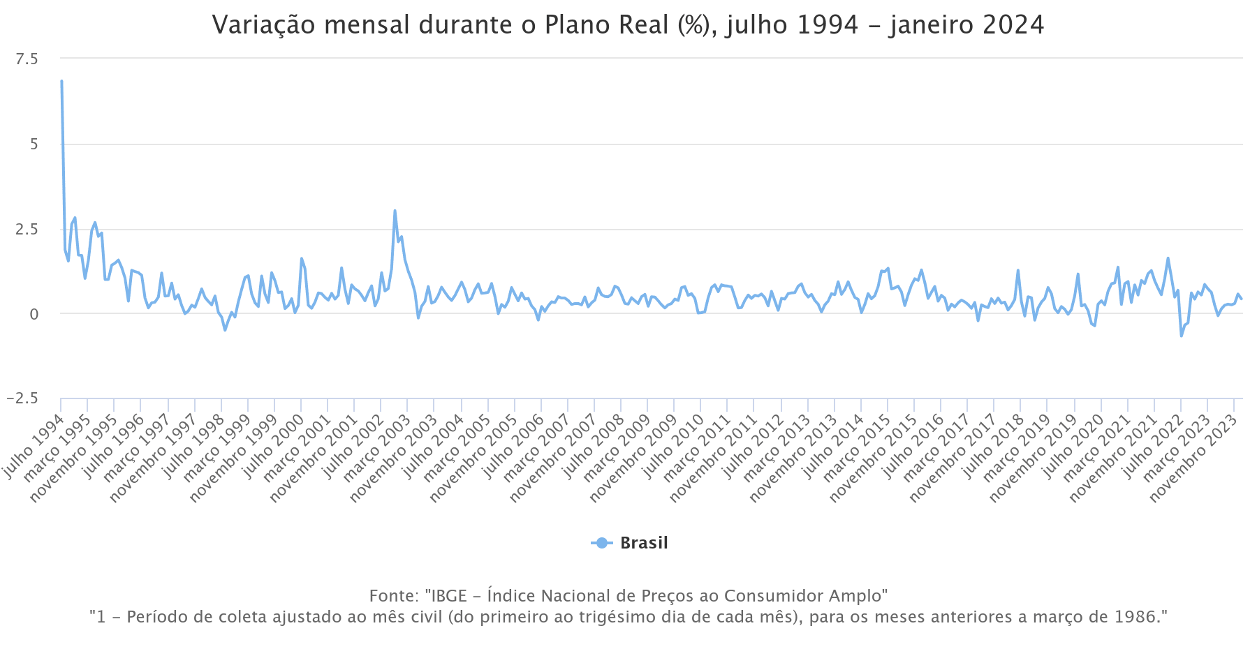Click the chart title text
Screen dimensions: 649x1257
click(x=628, y=25)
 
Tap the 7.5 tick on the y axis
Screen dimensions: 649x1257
click(x=27, y=59)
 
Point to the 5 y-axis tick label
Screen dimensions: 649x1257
click(x=34, y=144)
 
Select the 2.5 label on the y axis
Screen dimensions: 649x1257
click(x=27, y=230)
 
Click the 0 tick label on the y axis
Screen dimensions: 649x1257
click(x=34, y=314)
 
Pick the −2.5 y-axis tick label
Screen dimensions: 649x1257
click(x=22, y=398)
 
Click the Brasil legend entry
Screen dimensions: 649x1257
click(x=643, y=543)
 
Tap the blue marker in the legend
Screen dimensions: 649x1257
click(x=601, y=543)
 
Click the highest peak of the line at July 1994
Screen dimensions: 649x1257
click(x=61, y=82)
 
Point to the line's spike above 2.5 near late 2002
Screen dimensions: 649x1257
click(x=395, y=211)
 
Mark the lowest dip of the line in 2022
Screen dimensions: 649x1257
click(x=1182, y=336)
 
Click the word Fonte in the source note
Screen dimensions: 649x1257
click(x=393, y=596)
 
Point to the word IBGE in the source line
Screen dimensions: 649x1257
click(x=448, y=596)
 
